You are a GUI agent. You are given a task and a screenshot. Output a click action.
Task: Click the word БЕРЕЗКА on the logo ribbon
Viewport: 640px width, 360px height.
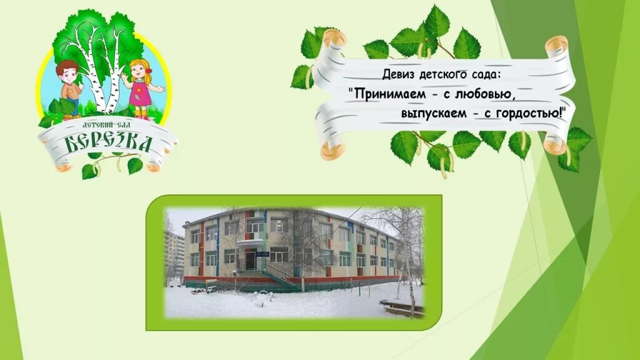pyautogui.click(x=109, y=143)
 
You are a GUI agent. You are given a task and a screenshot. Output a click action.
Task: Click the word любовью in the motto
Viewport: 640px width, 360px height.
pyautogui.click(x=478, y=94)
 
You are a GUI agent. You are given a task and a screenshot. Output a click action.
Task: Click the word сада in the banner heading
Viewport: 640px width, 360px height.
pyautogui.click(x=487, y=75)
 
